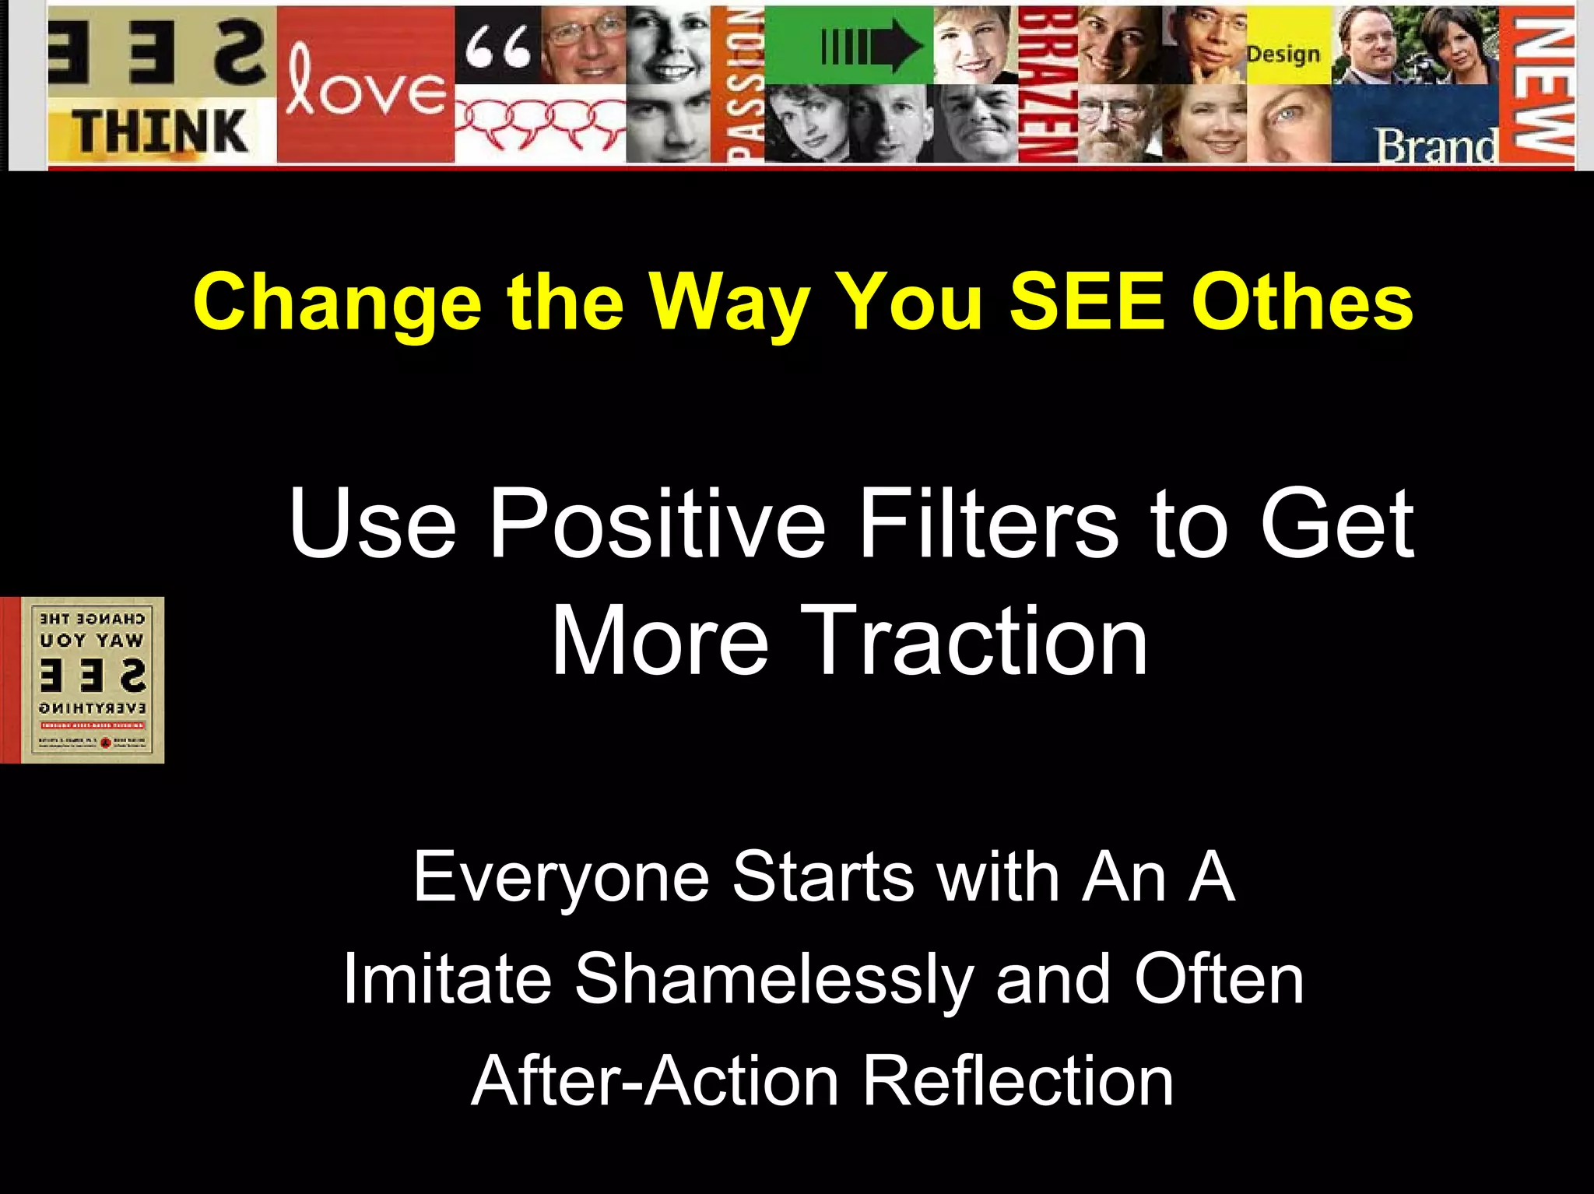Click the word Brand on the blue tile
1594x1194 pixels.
1437,145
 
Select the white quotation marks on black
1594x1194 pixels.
498,47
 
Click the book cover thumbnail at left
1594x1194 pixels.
83,680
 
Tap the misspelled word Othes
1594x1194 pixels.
1302,302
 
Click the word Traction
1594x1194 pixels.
974,642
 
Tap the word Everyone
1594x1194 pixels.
561,878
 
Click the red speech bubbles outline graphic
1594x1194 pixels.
539,122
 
